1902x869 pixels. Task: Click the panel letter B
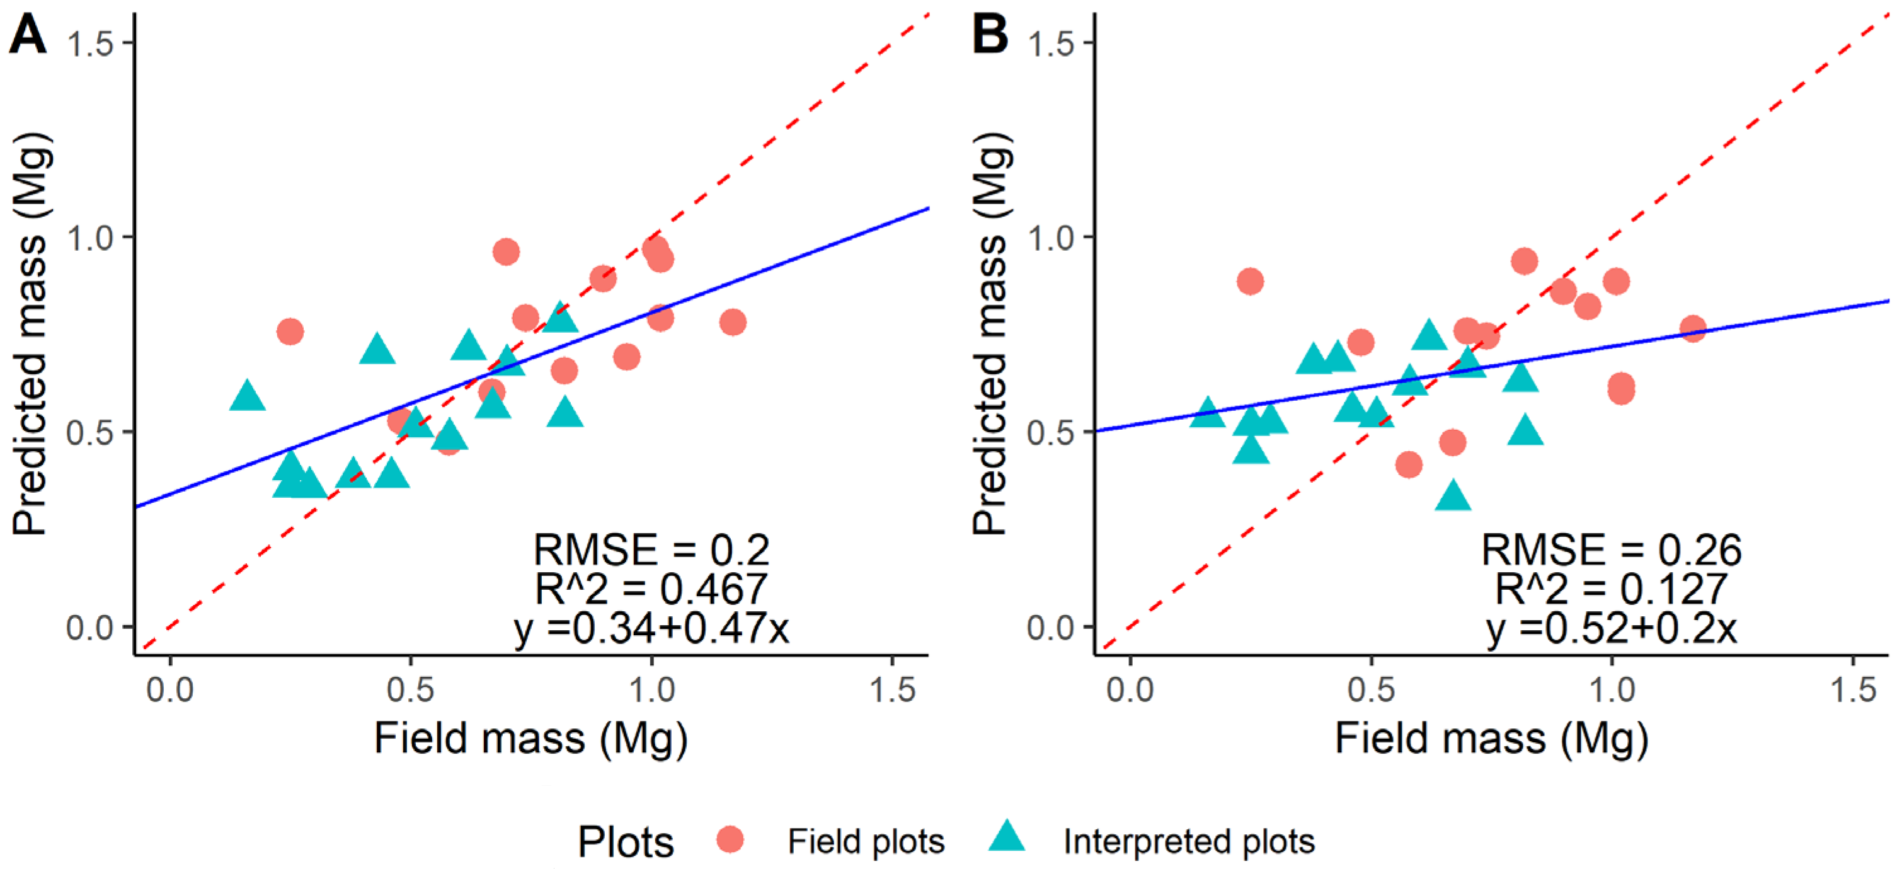click(989, 35)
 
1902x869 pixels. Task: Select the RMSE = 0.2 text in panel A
click(651, 550)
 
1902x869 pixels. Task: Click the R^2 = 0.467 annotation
click(651, 589)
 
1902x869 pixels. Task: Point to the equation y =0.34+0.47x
click(651, 628)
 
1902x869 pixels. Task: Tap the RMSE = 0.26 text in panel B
click(1611, 550)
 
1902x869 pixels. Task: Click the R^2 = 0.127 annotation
click(1611, 589)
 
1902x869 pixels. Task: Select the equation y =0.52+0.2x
click(1611, 628)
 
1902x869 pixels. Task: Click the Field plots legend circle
click(730, 839)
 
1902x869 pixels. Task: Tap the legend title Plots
click(626, 842)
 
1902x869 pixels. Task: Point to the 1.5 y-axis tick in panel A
click(89, 43)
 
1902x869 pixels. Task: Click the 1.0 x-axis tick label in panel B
click(1611, 690)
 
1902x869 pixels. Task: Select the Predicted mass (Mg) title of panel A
click(31, 334)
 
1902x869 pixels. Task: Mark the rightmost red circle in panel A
click(733, 322)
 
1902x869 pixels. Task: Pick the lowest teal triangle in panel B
click(1453, 496)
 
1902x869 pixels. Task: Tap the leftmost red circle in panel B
click(1249, 281)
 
